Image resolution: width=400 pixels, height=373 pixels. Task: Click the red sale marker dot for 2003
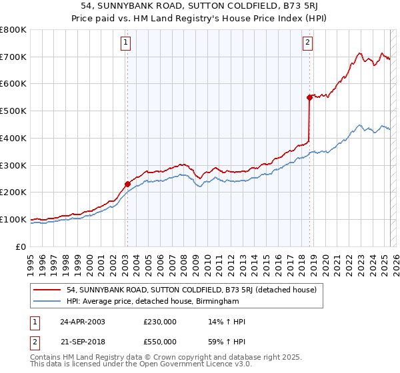tap(127, 184)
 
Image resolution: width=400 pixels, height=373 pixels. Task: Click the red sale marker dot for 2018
tap(309, 97)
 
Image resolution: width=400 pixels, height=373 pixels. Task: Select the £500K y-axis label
tap(13, 111)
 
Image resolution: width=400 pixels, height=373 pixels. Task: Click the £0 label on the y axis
tap(20, 246)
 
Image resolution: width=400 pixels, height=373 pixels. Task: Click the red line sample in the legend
tap(48, 290)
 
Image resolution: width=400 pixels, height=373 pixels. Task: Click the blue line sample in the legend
tap(48, 302)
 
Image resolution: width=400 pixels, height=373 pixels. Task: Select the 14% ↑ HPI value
tap(227, 322)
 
